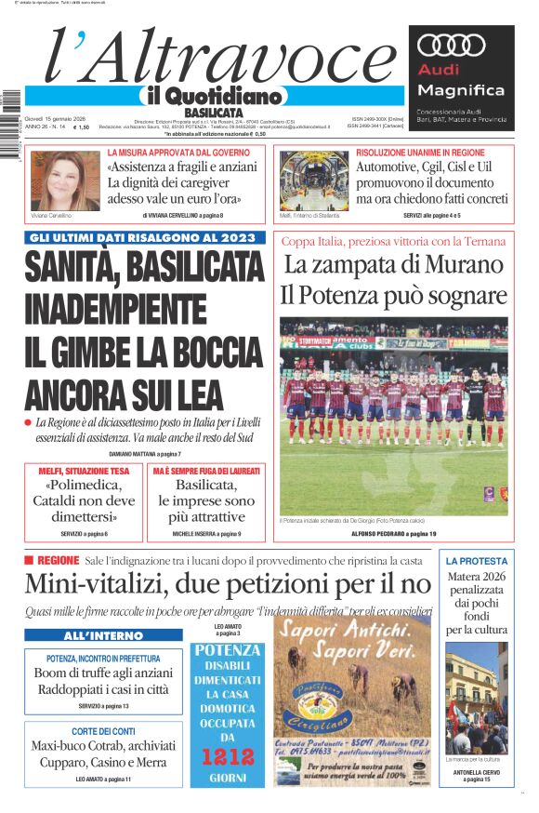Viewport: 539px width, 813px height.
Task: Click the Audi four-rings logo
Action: click(452, 46)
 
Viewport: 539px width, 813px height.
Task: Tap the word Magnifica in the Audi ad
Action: click(461, 90)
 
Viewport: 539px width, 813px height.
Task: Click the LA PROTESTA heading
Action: click(477, 561)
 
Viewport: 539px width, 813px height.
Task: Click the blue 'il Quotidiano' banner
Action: click(214, 96)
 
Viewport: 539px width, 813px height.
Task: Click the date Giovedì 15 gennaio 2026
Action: click(55, 118)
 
